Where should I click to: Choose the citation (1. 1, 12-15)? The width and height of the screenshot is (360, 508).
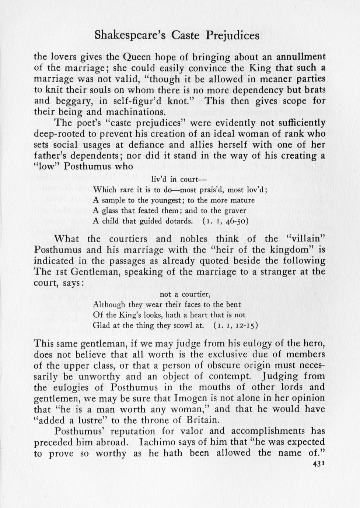click(x=235, y=325)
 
